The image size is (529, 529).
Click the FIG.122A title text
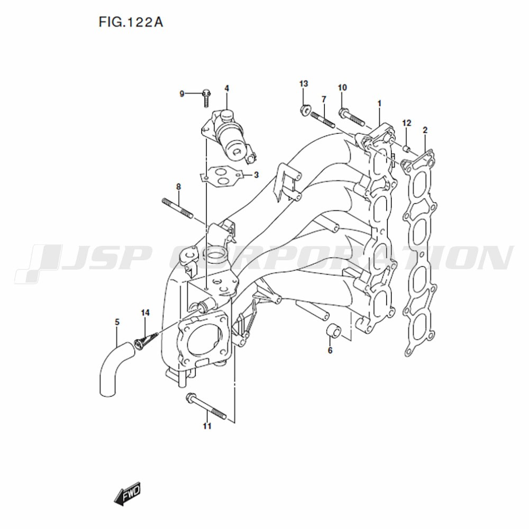click(131, 22)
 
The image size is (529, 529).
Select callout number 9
click(182, 94)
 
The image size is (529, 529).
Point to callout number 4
click(227, 88)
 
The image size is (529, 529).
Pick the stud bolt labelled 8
click(177, 208)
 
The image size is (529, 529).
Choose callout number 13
click(304, 84)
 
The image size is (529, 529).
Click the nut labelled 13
click(305, 110)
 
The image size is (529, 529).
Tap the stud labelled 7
click(323, 120)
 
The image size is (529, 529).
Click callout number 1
click(379, 103)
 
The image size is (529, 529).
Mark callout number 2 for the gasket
click(425, 130)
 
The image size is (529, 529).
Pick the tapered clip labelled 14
click(146, 340)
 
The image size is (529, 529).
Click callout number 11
click(207, 426)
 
